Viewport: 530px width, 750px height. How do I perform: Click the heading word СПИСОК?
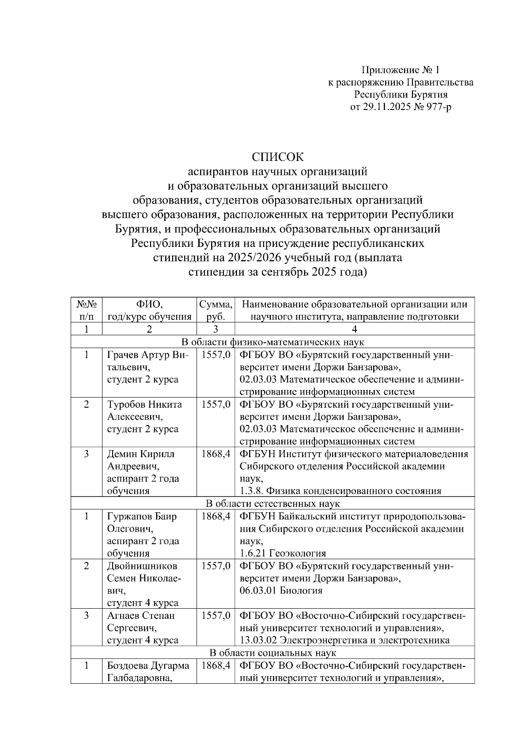[x=278, y=157]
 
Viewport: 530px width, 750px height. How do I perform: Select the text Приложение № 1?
[x=401, y=70]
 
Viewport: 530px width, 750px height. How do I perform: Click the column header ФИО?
[x=149, y=304]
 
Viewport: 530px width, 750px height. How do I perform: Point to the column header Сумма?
[x=216, y=304]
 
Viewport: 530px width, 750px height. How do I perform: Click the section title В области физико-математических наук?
[x=273, y=342]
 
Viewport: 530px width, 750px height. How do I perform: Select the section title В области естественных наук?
[x=273, y=504]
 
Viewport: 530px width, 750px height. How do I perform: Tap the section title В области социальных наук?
[x=273, y=653]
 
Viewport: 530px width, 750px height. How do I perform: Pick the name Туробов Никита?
[x=144, y=404]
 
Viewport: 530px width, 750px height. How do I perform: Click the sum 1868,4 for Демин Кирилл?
[x=216, y=454]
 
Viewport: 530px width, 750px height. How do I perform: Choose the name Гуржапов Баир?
[x=141, y=516]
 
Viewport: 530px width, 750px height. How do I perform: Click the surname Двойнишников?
[x=142, y=566]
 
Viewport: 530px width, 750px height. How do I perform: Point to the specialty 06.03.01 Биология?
[x=281, y=591]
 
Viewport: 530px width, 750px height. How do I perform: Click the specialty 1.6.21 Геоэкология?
[x=283, y=553]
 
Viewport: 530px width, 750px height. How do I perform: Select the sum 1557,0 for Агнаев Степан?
[x=216, y=615]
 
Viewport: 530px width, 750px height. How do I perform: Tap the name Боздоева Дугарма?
[x=148, y=665]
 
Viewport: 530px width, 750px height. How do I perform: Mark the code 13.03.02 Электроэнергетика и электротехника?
[x=344, y=640]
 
